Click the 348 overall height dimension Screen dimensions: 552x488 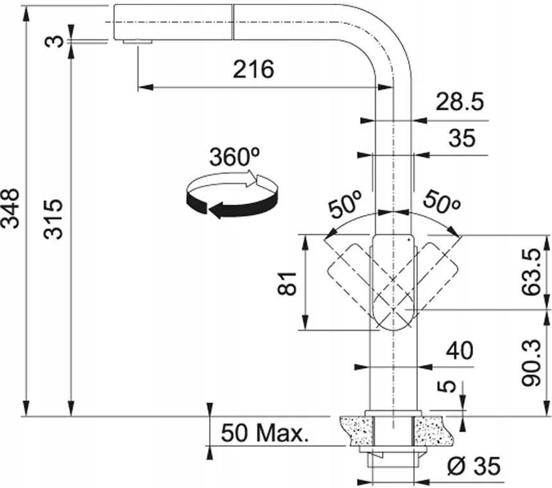point(10,209)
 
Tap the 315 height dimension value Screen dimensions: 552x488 point(53,220)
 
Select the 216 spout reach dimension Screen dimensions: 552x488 point(253,69)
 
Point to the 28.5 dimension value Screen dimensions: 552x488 point(460,101)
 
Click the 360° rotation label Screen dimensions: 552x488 point(235,157)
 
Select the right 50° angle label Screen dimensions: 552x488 point(442,202)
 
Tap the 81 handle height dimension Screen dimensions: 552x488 point(287,283)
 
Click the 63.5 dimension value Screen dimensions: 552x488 point(531,272)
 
